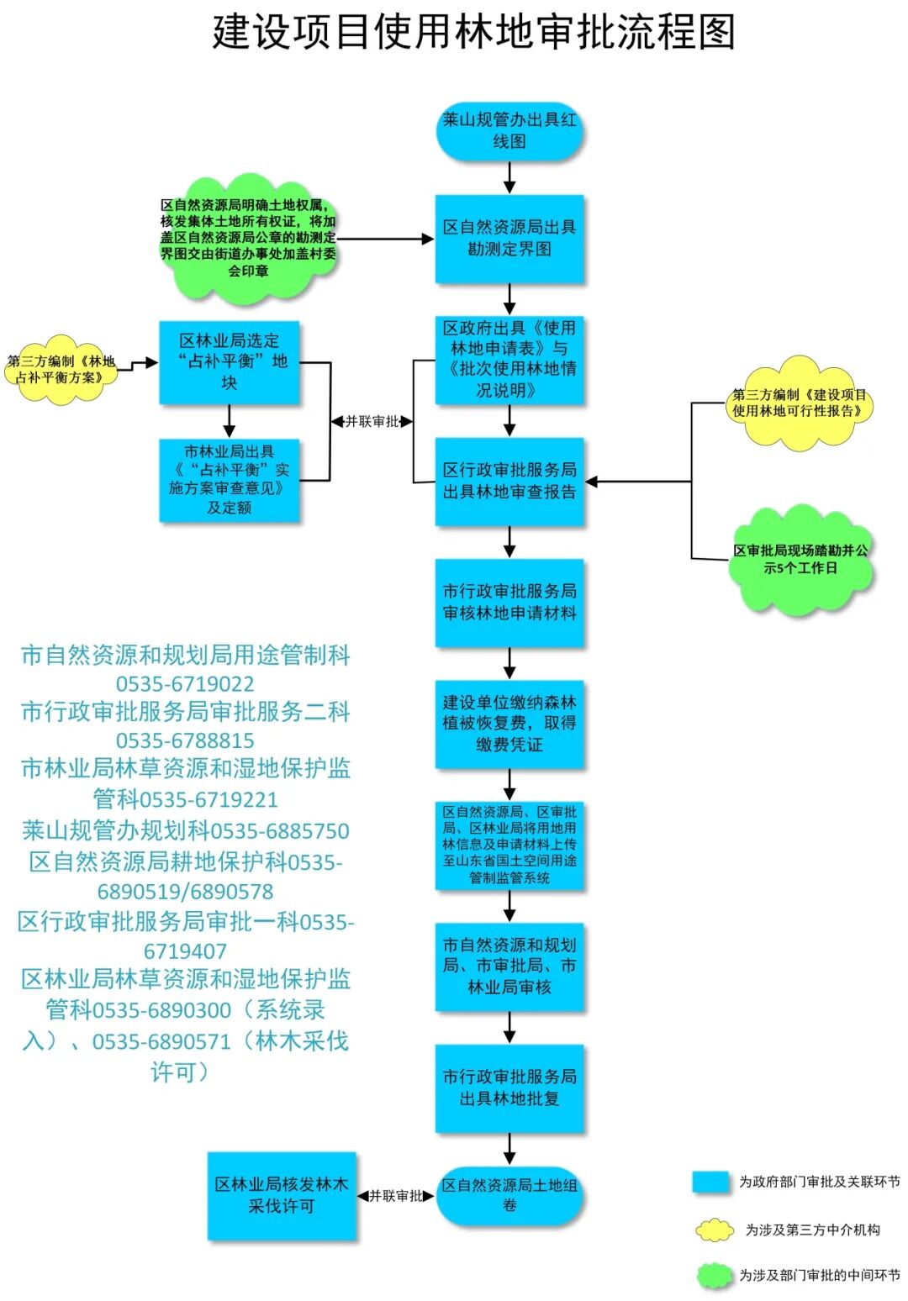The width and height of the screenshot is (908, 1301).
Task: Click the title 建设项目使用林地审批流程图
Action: [x=473, y=32]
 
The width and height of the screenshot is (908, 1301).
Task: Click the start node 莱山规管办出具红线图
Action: [x=509, y=131]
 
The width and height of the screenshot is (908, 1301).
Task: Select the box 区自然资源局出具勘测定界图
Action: [x=509, y=239]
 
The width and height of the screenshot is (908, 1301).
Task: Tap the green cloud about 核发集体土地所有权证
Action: [x=248, y=238]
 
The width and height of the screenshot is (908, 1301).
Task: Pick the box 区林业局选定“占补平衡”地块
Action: [x=230, y=362]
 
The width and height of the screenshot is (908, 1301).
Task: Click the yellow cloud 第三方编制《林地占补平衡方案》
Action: [x=61, y=370]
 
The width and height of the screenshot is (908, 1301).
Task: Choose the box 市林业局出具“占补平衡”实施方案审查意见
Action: [x=230, y=480]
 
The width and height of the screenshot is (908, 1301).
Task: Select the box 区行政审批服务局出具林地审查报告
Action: [x=509, y=482]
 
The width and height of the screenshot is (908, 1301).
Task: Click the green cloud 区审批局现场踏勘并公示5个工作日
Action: [x=800, y=560]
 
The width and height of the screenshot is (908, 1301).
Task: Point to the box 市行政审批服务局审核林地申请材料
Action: [x=509, y=603]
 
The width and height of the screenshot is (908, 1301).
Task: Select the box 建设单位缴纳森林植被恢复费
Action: [x=509, y=724]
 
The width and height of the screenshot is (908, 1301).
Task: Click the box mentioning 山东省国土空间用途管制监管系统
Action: [x=509, y=845]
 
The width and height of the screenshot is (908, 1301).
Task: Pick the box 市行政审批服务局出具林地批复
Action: [x=509, y=1088]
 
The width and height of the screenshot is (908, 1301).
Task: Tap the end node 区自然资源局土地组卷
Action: [x=509, y=1195]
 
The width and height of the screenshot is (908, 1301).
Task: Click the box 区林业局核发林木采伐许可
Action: [x=282, y=1195]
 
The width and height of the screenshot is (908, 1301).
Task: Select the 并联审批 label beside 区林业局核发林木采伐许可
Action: [x=396, y=1196]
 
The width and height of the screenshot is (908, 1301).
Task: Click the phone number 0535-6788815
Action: [x=185, y=740]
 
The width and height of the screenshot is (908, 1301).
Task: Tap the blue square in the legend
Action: [x=710, y=1182]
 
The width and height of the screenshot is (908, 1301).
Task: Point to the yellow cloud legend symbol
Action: [x=714, y=1230]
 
